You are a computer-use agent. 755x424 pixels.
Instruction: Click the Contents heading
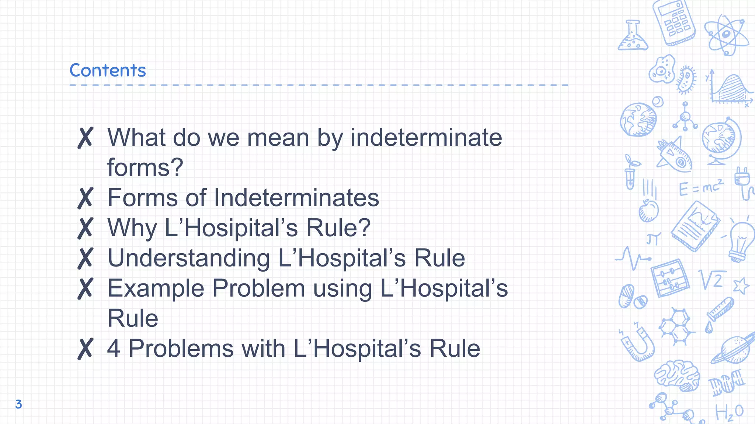click(108, 70)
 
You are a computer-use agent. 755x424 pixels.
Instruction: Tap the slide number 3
click(18, 404)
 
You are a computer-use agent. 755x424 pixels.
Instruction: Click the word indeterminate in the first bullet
click(426, 138)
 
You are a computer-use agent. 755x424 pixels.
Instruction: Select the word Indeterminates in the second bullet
click(296, 198)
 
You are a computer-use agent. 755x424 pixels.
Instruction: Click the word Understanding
click(188, 258)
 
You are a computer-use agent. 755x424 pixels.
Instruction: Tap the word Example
click(156, 288)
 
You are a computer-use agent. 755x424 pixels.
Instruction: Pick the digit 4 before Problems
click(114, 348)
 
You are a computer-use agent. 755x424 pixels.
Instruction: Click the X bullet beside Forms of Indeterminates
click(85, 198)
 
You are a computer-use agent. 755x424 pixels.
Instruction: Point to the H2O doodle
click(729, 412)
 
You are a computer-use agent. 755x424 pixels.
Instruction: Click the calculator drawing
click(674, 23)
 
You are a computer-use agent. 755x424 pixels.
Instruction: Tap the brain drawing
click(677, 375)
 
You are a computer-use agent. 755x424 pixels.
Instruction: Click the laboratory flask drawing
click(633, 36)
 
